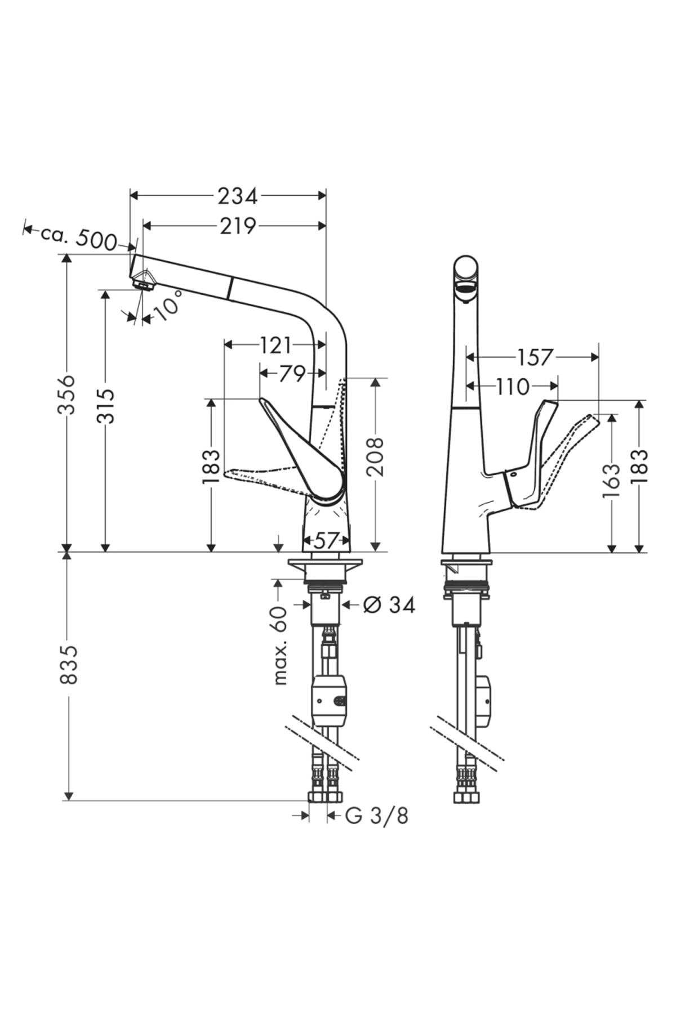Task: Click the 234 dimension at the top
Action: (237, 196)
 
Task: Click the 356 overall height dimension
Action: (68, 394)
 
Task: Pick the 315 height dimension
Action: (105, 405)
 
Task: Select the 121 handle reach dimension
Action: (275, 345)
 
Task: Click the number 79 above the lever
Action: (292, 373)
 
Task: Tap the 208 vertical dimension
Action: (376, 456)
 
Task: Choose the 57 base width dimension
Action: (326, 541)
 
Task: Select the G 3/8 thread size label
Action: (376, 815)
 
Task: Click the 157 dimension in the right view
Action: (535, 357)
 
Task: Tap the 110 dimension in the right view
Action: (513, 387)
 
